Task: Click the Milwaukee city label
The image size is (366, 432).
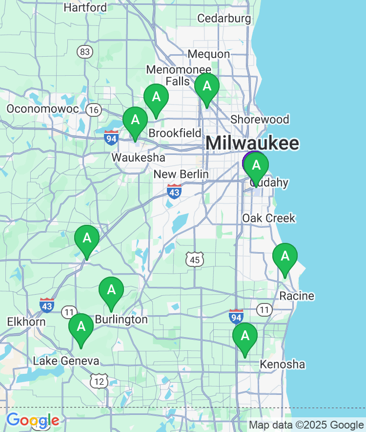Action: tap(252, 143)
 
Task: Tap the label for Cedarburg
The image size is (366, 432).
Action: tap(224, 19)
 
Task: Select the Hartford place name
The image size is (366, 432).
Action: tap(85, 7)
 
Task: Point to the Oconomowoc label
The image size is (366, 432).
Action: tap(43, 108)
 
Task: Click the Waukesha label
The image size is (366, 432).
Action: tap(138, 158)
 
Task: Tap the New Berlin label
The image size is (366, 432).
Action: tap(181, 174)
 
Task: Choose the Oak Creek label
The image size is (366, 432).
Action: tap(269, 218)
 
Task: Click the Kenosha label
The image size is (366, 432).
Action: tap(282, 364)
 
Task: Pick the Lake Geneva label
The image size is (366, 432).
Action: tap(66, 361)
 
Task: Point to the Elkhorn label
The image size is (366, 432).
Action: tap(26, 322)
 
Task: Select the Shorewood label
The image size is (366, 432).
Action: tap(260, 119)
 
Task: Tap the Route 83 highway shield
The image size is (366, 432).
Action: tap(85, 52)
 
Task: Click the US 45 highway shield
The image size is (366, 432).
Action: tap(195, 259)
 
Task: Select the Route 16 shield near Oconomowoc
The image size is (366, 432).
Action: tap(94, 110)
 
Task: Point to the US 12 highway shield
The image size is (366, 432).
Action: tap(100, 381)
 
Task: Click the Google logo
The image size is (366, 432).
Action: tap(33, 420)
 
